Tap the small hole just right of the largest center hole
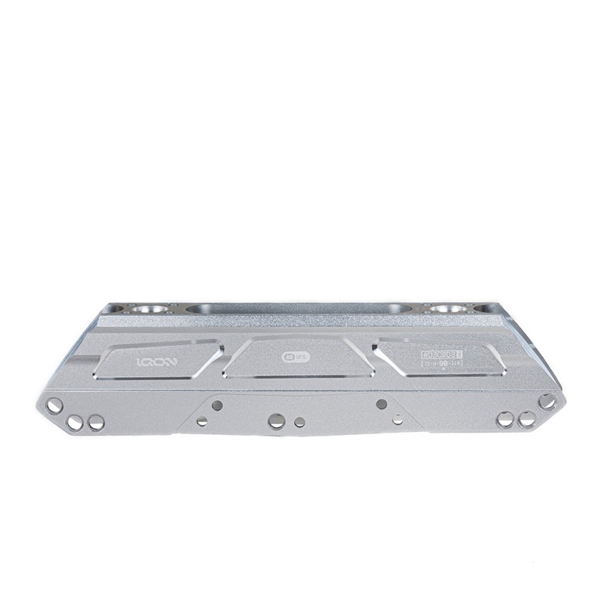point(300,420)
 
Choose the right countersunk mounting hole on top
point(458,309)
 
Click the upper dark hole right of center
point(381,403)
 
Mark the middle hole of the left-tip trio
point(76,420)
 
